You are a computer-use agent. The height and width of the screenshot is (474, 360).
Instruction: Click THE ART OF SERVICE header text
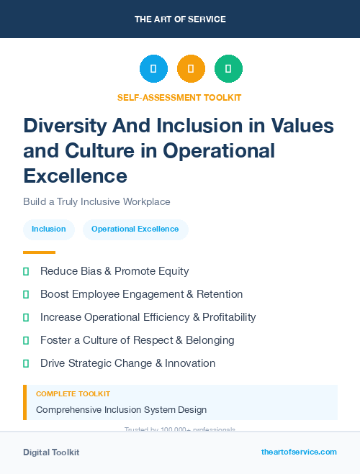point(180,19)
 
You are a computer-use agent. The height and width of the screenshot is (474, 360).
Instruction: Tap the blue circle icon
point(153,69)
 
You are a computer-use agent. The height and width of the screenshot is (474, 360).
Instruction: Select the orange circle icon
point(191,69)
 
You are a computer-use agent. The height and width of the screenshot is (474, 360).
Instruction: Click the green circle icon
point(228,69)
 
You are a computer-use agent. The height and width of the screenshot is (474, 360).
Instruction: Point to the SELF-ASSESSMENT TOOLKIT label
point(179,97)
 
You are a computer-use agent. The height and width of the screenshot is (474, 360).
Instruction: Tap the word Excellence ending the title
point(75,175)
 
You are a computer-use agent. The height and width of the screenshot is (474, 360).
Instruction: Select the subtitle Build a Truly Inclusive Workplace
point(96,202)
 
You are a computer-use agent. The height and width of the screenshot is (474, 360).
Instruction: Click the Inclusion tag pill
point(49,229)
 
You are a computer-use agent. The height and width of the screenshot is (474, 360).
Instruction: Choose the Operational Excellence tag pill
point(135,229)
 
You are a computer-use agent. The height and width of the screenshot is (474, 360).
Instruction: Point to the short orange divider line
point(39,252)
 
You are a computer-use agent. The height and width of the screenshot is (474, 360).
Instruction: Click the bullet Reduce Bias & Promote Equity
point(114,271)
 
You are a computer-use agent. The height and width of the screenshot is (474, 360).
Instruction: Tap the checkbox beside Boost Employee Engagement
point(26,294)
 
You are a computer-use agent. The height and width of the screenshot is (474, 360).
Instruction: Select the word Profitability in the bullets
point(220,317)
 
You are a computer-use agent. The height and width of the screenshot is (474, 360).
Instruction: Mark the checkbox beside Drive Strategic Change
point(26,363)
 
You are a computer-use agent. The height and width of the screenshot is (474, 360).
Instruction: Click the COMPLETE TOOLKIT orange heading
point(73,394)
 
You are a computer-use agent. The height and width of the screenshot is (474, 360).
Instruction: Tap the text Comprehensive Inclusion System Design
point(121,410)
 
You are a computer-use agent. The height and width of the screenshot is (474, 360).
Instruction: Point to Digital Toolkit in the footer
point(51,452)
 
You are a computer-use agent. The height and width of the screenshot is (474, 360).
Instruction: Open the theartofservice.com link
point(299,452)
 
